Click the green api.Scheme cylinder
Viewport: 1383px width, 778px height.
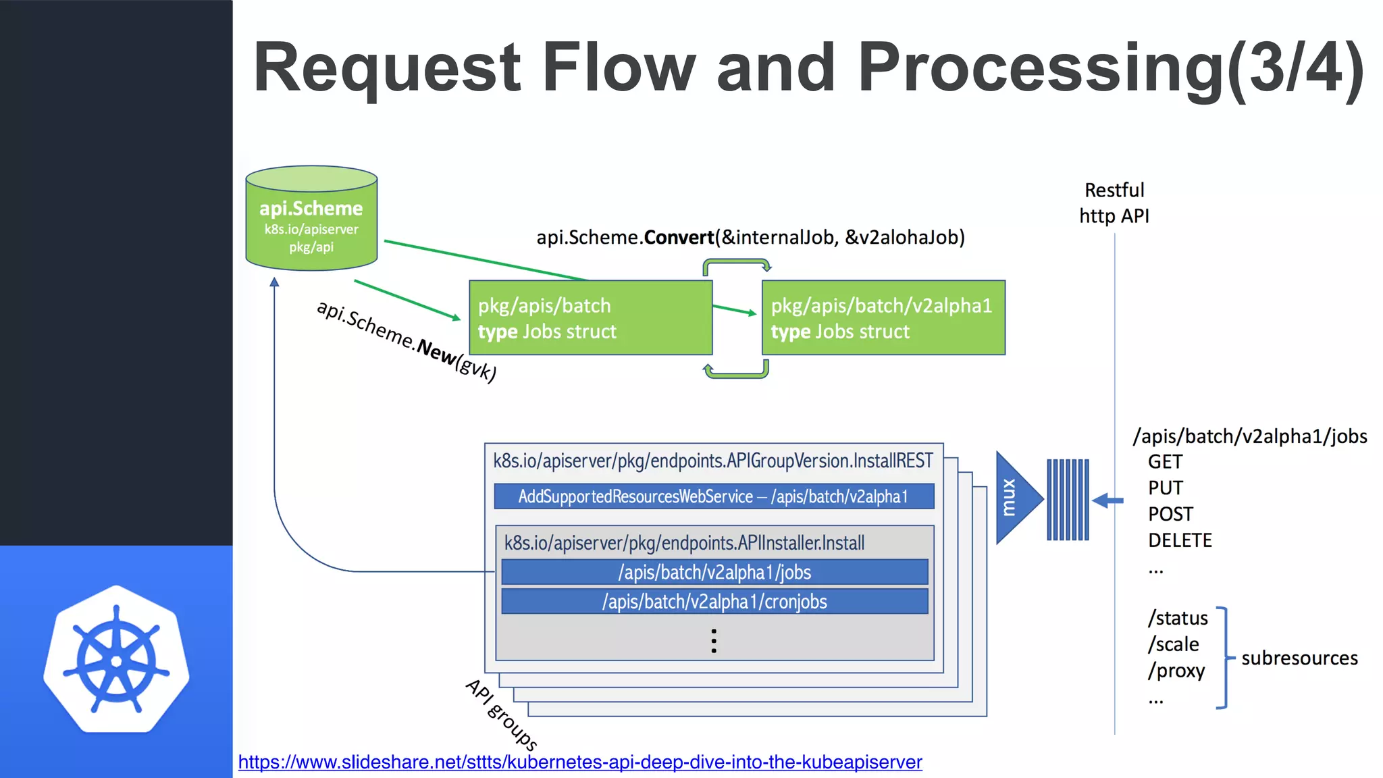[311, 219]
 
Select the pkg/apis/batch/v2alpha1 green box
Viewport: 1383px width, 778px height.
[883, 317]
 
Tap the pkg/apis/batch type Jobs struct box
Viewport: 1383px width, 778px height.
[590, 317]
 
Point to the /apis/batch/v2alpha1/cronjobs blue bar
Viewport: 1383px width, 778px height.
[714, 601]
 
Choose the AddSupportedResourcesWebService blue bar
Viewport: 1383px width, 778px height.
[714, 496]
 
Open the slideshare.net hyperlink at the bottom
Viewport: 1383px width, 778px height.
[579, 762]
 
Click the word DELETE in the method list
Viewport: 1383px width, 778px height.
[1180, 540]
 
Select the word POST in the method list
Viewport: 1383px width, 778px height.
[1170, 514]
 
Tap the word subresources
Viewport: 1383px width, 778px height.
[1299, 658]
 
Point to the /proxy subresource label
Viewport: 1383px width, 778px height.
[1176, 671]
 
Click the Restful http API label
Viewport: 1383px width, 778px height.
[1114, 203]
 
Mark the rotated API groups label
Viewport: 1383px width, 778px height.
[502, 715]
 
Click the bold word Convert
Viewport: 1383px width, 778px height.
[679, 238]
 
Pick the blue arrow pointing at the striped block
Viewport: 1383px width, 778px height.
[1107, 500]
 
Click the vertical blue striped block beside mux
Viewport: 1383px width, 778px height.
[1068, 499]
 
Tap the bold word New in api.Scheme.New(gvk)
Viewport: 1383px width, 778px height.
[436, 352]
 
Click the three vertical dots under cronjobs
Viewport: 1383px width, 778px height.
[714, 640]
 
